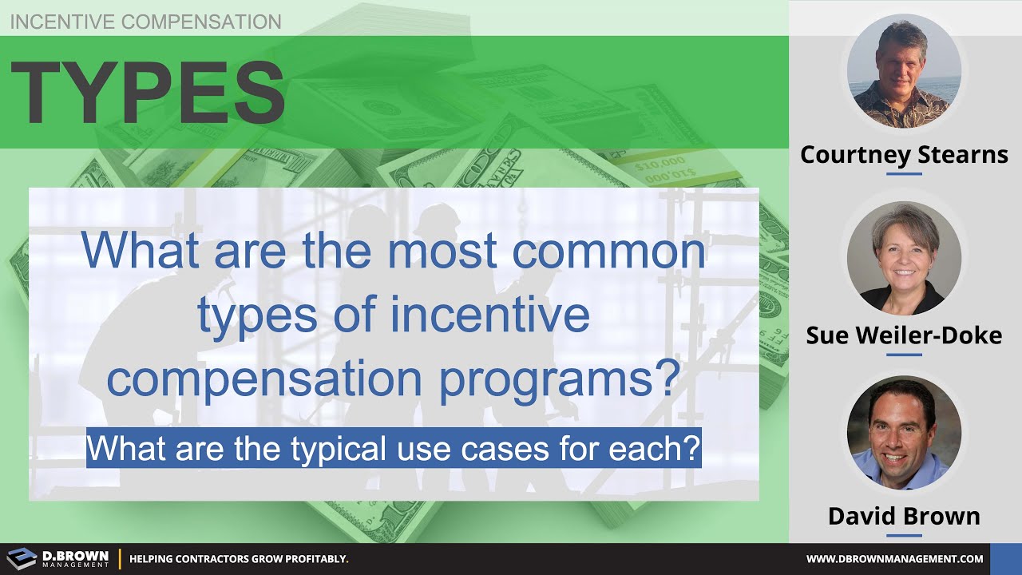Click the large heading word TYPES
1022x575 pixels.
[x=148, y=93]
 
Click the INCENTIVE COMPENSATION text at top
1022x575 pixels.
[x=145, y=22]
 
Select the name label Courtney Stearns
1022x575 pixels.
[x=904, y=154]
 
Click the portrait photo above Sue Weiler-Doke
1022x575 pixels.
[x=904, y=258]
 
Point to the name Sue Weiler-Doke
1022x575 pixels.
[x=904, y=335]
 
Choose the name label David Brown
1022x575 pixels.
[x=904, y=516]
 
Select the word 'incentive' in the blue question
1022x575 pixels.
[x=490, y=315]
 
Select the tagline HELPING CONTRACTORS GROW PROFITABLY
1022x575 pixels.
[x=239, y=559]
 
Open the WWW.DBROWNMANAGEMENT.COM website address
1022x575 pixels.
[x=894, y=559]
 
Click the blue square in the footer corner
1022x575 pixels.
[x=1005, y=559]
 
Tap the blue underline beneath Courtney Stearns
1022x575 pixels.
[x=904, y=172]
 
